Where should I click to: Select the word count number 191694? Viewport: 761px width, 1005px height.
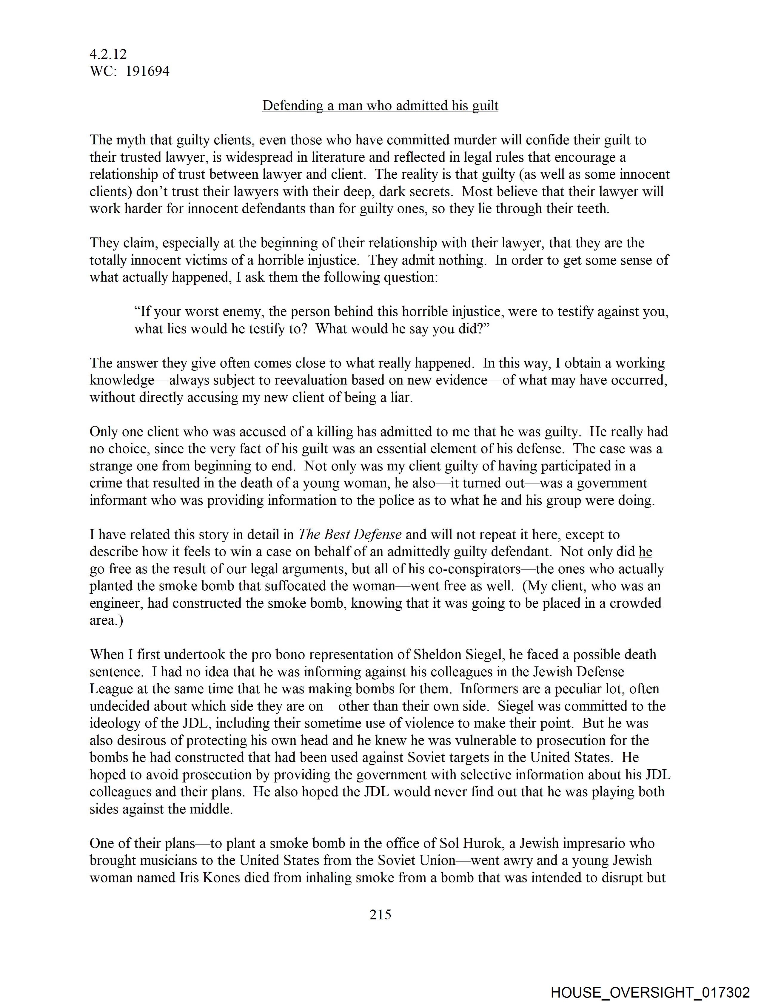click(147, 71)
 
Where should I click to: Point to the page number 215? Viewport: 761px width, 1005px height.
click(380, 914)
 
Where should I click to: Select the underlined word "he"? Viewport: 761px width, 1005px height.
click(645, 552)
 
